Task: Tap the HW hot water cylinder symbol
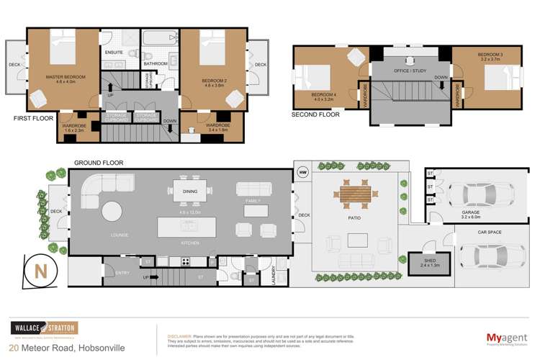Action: [302, 172]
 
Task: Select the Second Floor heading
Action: [315, 114]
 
